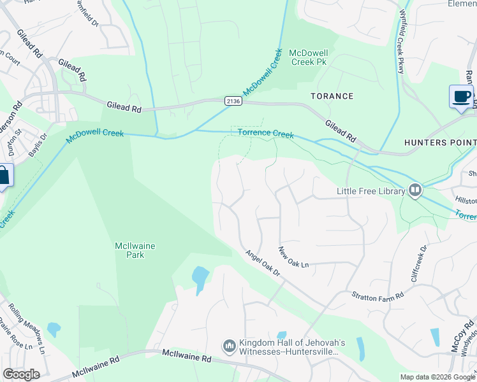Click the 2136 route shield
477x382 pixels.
tap(233, 101)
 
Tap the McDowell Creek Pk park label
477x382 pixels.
tap(308, 57)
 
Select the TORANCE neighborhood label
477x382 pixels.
tap(332, 96)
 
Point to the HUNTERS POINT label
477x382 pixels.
tap(440, 143)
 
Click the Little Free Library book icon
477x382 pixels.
tap(415, 190)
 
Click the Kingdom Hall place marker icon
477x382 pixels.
tap(230, 346)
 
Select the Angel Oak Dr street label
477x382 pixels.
tap(263, 262)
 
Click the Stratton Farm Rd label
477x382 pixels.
tap(378, 296)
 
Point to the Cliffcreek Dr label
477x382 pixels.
tap(418, 265)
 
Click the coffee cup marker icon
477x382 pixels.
tap(461, 97)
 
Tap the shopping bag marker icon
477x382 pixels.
tap(3, 176)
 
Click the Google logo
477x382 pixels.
tap(21, 374)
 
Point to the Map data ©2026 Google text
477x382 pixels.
tap(437, 377)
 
